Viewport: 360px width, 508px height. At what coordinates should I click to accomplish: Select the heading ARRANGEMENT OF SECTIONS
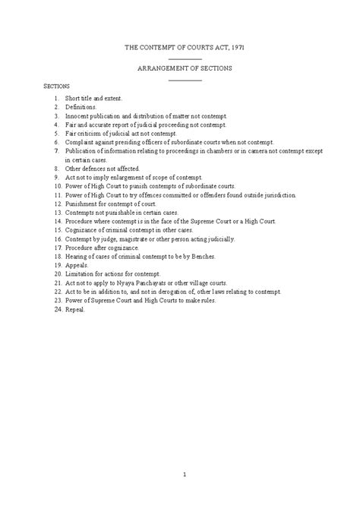pyautogui.click(x=185, y=68)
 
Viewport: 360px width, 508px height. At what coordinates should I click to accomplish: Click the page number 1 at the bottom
pyautogui.click(x=185, y=476)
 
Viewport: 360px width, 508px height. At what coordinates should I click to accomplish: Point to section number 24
pyautogui.click(x=56, y=310)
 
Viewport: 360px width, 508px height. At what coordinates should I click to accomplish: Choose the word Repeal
pyautogui.click(x=75, y=310)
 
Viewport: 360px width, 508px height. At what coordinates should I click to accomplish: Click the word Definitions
pyautogui.click(x=81, y=108)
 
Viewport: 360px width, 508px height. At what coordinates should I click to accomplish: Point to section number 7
pyautogui.click(x=57, y=150)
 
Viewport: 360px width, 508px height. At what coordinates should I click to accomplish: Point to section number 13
pyautogui.click(x=56, y=213)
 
